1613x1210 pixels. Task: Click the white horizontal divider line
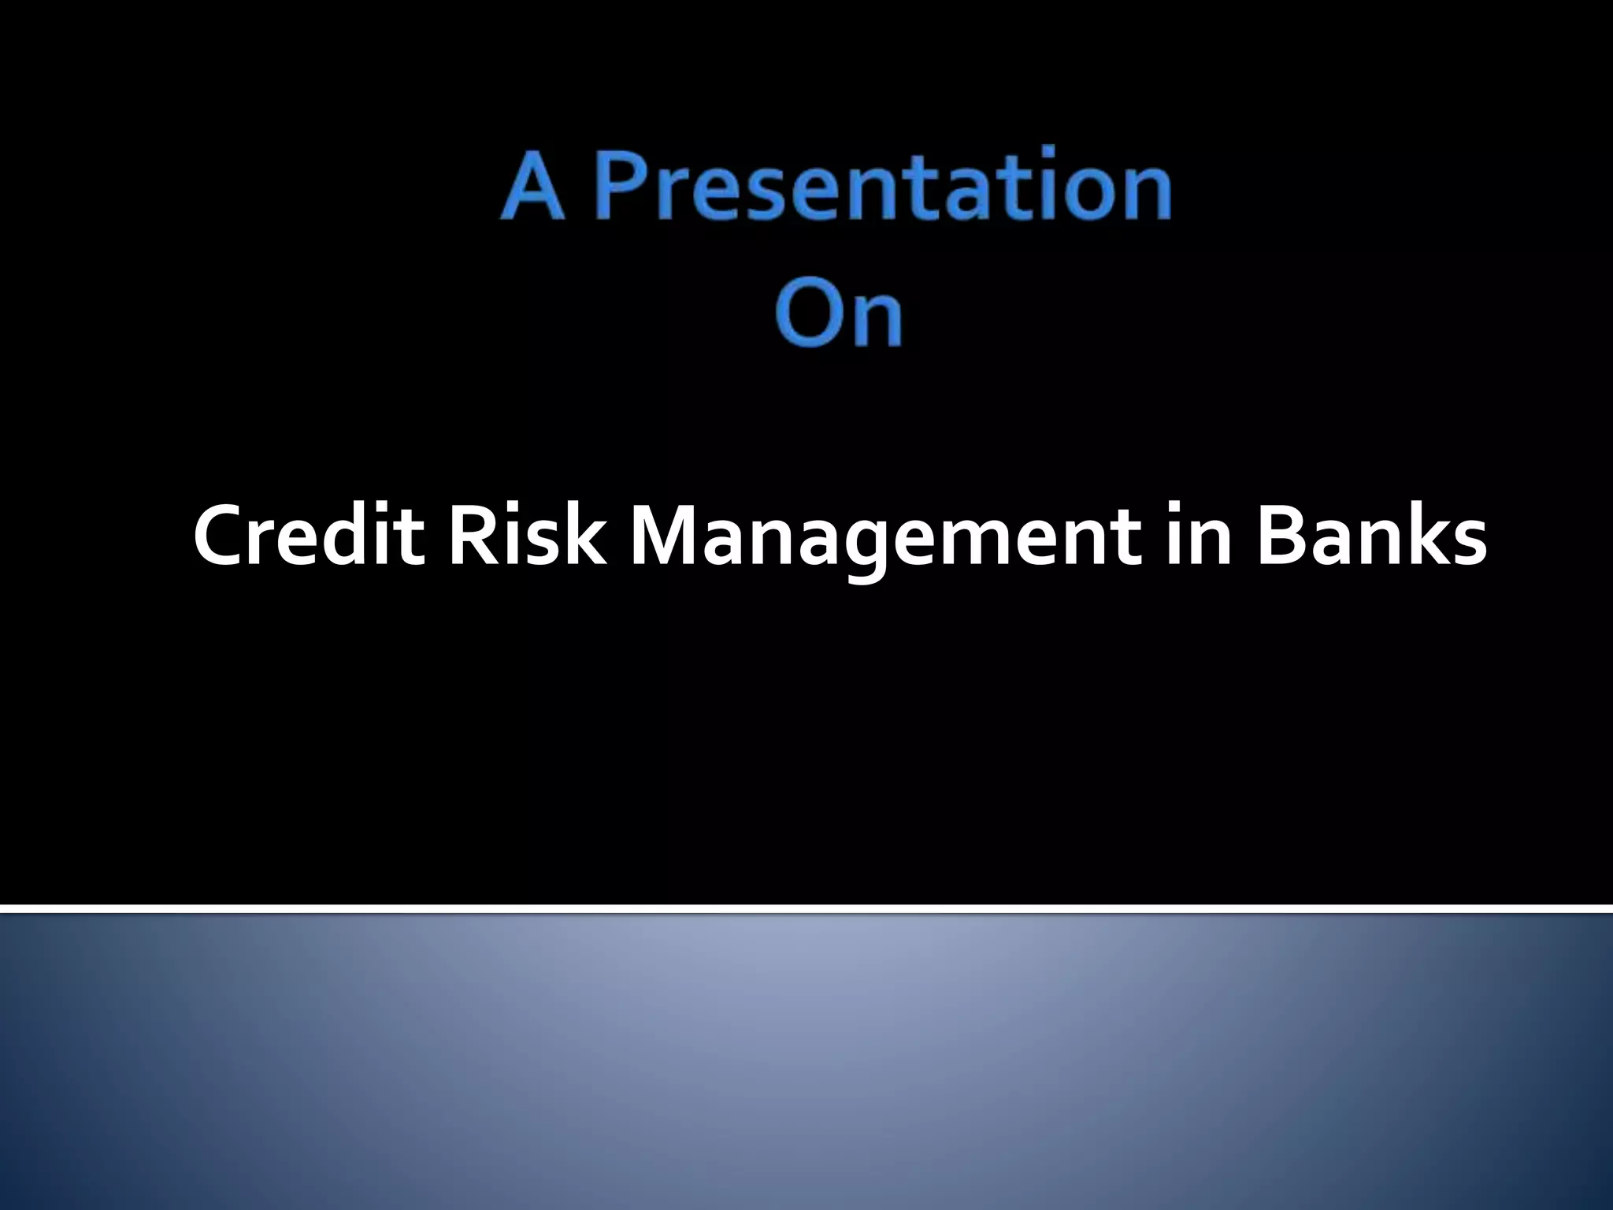pos(806,909)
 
